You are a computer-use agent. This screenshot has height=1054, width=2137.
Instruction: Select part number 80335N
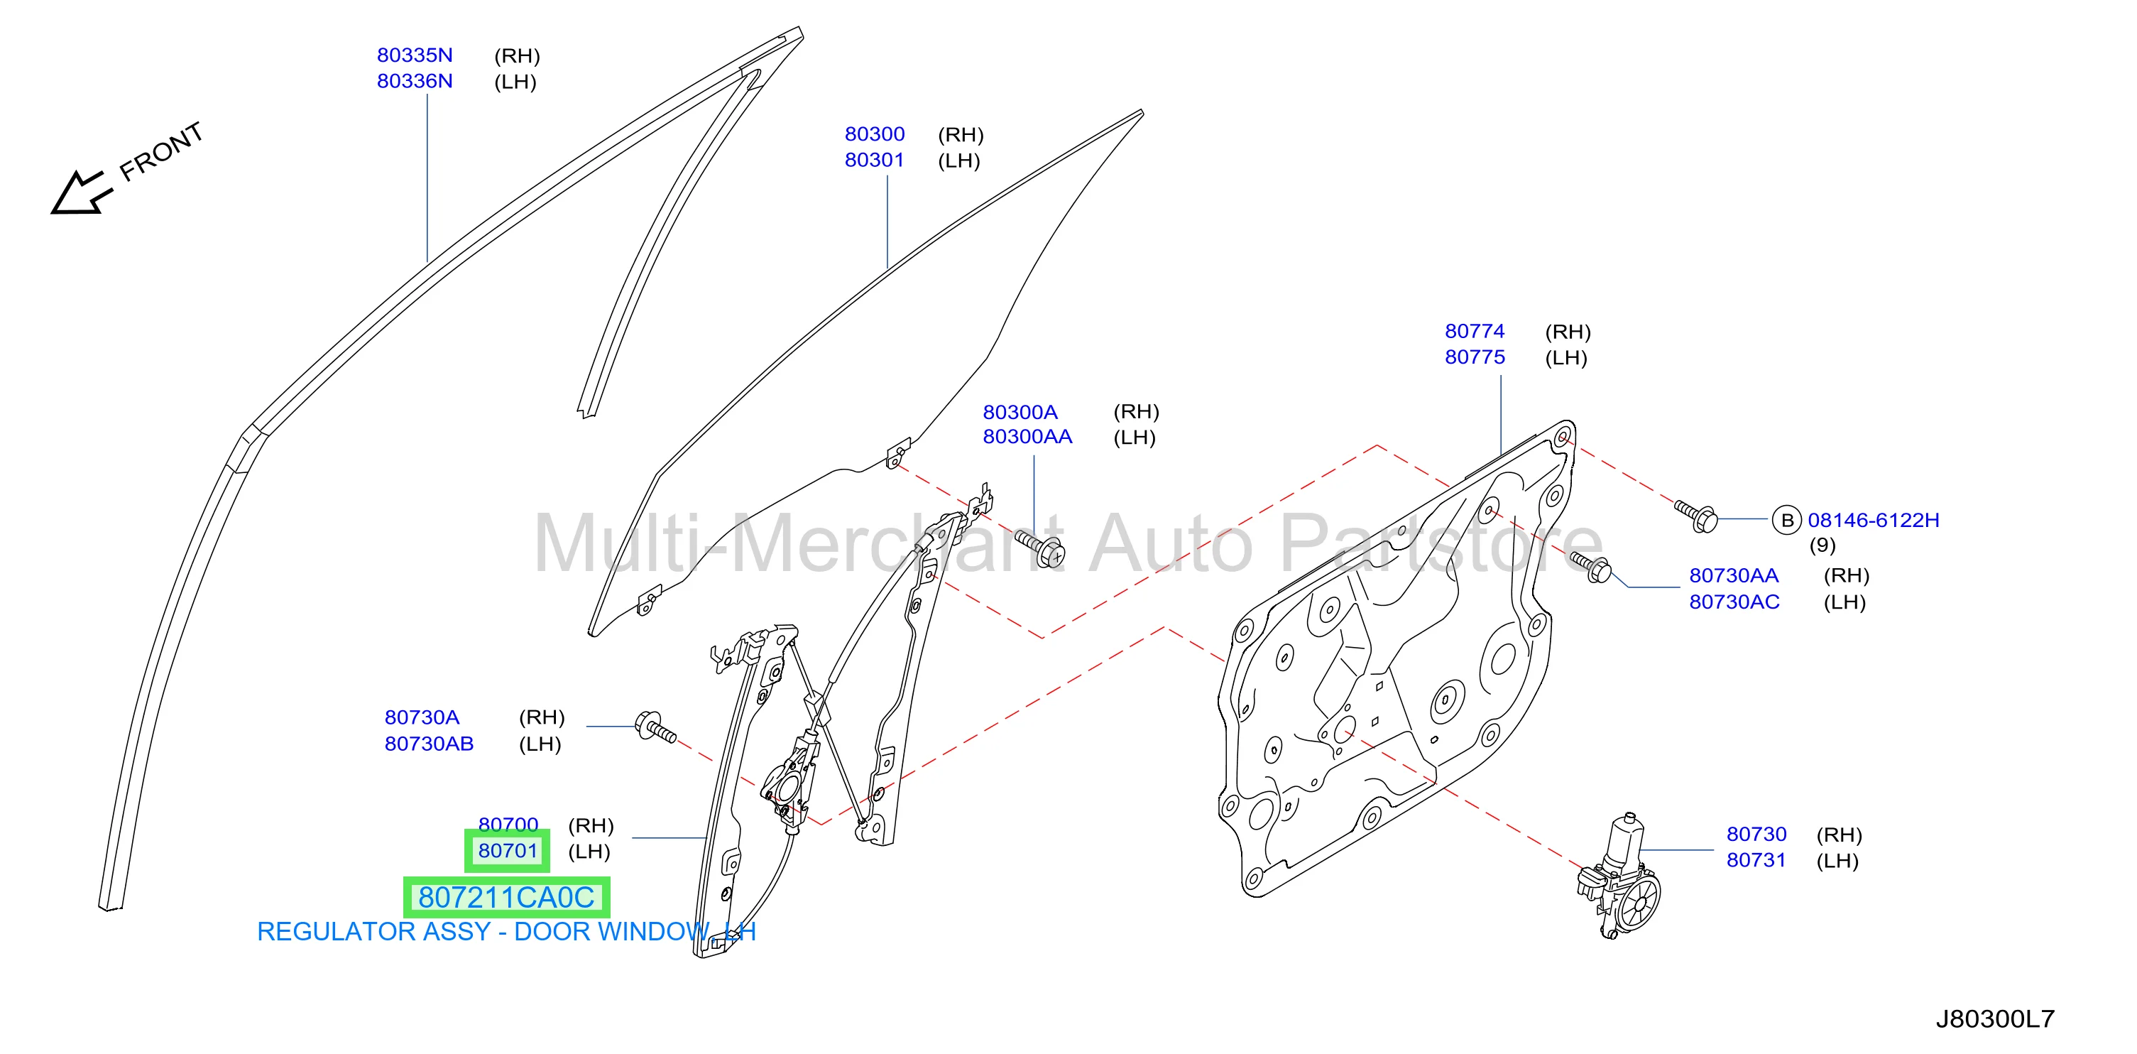pyautogui.click(x=415, y=55)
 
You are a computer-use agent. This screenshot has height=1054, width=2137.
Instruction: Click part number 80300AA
pyautogui.click(x=1027, y=437)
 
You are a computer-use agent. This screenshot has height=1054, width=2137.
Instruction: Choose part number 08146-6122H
pyautogui.click(x=1873, y=521)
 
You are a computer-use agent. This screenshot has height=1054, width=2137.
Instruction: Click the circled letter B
pyautogui.click(x=1787, y=521)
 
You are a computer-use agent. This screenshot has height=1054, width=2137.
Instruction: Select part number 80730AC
pyautogui.click(x=1734, y=602)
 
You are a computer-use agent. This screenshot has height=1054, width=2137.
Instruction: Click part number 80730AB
pyautogui.click(x=429, y=744)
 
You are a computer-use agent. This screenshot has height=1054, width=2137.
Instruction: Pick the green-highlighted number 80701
pyautogui.click(x=508, y=851)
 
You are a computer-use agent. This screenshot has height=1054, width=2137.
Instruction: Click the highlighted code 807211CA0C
pyautogui.click(x=506, y=897)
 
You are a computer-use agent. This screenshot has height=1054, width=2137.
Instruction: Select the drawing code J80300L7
pyautogui.click(x=1995, y=1019)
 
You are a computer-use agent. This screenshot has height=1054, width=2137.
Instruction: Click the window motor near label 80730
pyautogui.click(x=1619, y=876)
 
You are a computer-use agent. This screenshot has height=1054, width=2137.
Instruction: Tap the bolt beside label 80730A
pyautogui.click(x=655, y=728)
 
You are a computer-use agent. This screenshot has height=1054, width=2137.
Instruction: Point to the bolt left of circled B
pyautogui.click(x=1695, y=516)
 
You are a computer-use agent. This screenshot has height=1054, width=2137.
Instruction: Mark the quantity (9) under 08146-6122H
pyautogui.click(x=1822, y=545)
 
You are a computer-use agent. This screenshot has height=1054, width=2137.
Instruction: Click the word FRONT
pyautogui.click(x=162, y=151)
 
